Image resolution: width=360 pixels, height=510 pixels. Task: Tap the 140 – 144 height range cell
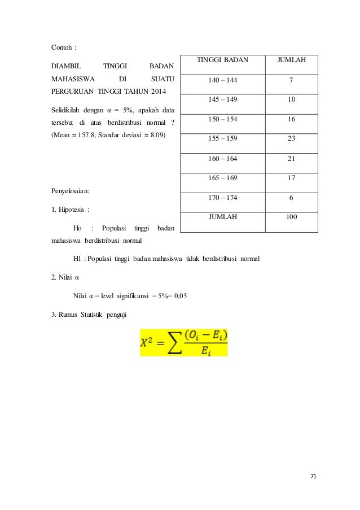222,80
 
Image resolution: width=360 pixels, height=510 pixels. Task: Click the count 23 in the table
291,139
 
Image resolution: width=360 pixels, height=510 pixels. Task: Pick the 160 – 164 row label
222,159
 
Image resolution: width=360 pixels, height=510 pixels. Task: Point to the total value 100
291,216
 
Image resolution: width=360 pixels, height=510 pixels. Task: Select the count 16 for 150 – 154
291,119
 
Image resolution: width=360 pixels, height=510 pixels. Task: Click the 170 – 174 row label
222,197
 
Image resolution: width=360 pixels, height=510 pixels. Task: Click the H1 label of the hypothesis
78,259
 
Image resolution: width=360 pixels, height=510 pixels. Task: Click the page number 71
314,476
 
